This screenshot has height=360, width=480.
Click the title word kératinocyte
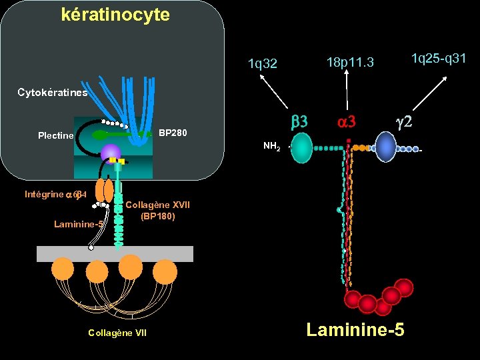[115, 14]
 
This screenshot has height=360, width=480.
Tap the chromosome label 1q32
[262, 64]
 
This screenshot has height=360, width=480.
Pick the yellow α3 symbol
[347, 121]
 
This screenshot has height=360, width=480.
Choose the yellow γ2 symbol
[405, 121]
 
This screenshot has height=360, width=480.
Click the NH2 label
[271, 146]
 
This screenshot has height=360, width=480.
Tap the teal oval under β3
[302, 148]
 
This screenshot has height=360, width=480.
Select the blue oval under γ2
[385, 147]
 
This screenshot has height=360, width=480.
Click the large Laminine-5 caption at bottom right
[355, 329]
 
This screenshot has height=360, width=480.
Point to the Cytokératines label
[53, 93]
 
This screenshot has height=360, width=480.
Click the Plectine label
[56, 135]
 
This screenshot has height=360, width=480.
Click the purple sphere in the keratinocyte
[111, 152]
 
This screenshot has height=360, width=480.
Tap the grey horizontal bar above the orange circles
[115, 253]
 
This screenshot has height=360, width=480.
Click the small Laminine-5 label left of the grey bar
[78, 224]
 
